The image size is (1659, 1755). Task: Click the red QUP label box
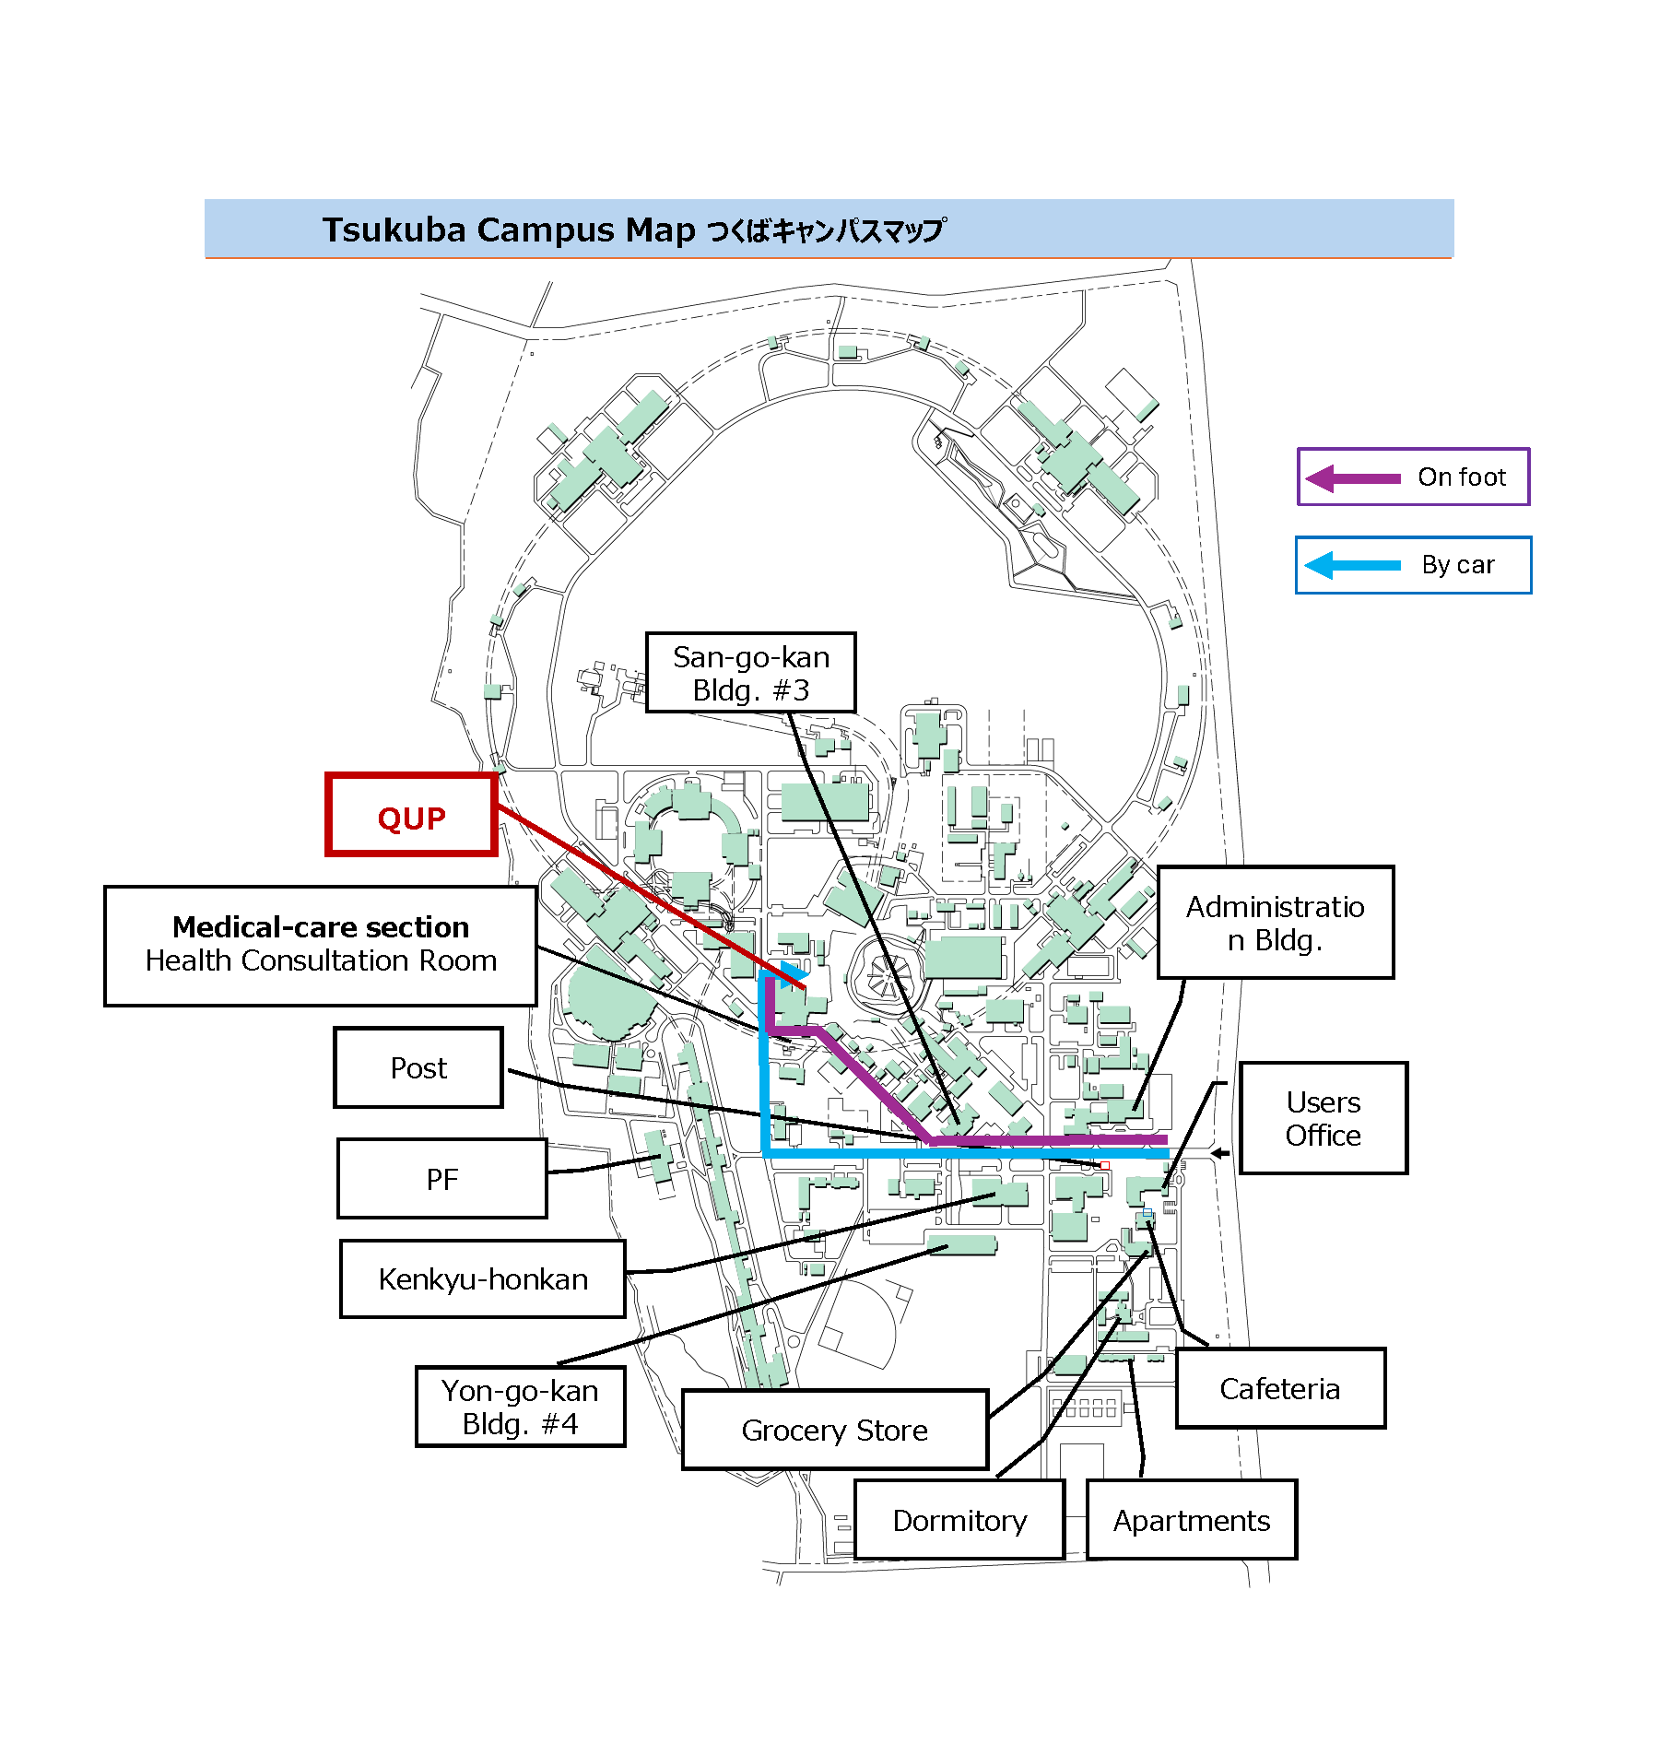pyautogui.click(x=411, y=816)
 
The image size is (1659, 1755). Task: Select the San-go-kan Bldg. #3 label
pyautogui.click(x=750, y=673)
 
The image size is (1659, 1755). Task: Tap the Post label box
pyautogui.click(x=418, y=1067)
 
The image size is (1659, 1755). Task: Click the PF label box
pyautogui.click(x=442, y=1179)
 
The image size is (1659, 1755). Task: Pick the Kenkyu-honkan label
pyautogui.click(x=482, y=1278)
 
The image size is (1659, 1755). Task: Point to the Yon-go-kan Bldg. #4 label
pyautogui.click(x=520, y=1407)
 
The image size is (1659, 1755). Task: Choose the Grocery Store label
pyautogui.click(x=834, y=1430)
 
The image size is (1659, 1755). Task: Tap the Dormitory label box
pyautogui.click(x=959, y=1520)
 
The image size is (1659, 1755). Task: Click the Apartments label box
pyautogui.click(x=1191, y=1520)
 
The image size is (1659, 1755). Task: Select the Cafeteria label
pyautogui.click(x=1279, y=1388)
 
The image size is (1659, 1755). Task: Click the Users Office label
pyautogui.click(x=1323, y=1118)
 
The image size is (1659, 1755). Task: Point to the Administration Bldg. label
pyautogui.click(x=1275, y=923)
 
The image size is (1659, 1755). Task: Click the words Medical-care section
pyautogui.click(x=321, y=926)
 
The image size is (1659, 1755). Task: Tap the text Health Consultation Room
pyautogui.click(x=321, y=960)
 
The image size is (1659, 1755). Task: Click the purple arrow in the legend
pyautogui.click(x=1353, y=478)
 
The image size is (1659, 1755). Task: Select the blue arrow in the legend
pyautogui.click(x=1352, y=565)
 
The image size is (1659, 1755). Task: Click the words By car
pyautogui.click(x=1457, y=565)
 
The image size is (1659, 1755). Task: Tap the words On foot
pyautogui.click(x=1461, y=477)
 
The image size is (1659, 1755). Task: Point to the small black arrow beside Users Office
pyautogui.click(x=1219, y=1153)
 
